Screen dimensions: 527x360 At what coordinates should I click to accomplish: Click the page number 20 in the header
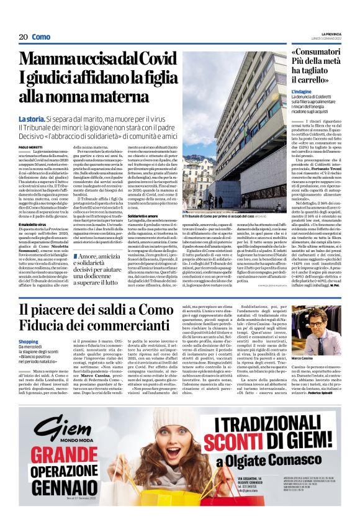[x=24, y=37]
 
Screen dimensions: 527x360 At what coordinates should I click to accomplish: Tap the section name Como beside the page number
[x=42, y=37]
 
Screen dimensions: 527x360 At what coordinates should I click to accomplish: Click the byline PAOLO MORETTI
[x=30, y=146]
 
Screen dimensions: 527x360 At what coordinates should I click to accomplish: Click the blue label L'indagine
[x=302, y=91]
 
